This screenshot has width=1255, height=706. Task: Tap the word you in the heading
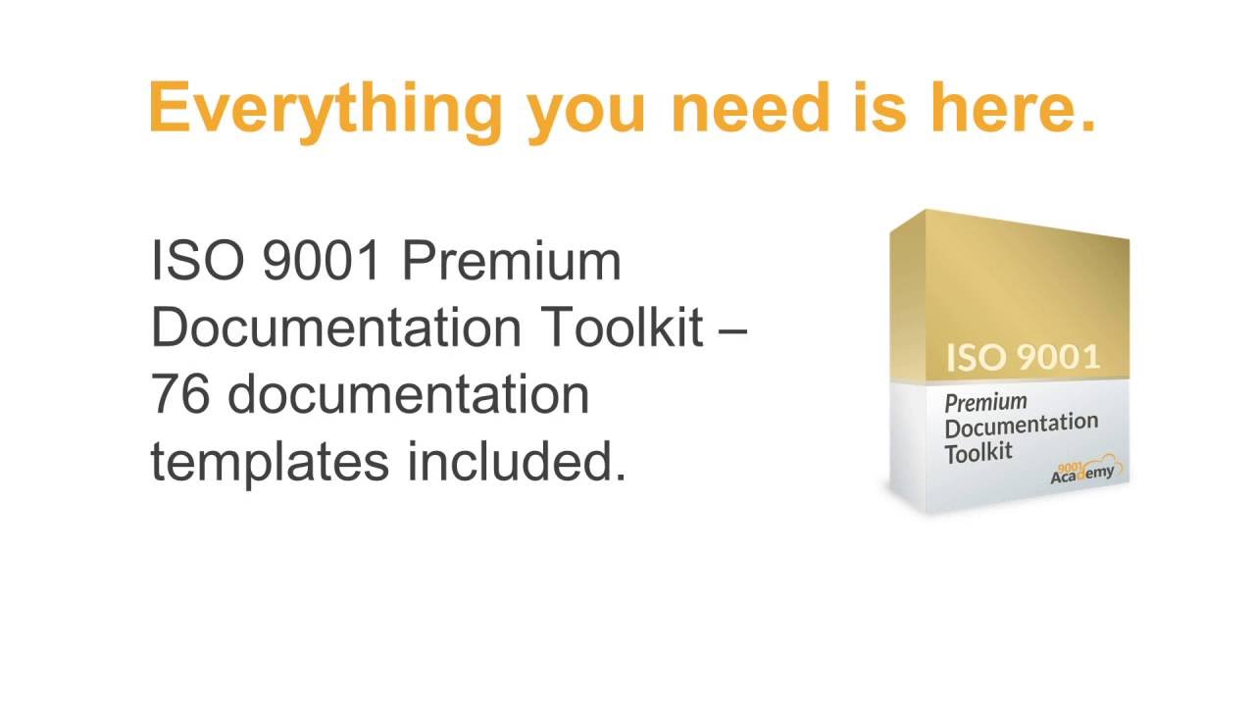pyautogui.click(x=586, y=110)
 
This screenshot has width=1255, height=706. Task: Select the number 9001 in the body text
pyautogui.click(x=321, y=261)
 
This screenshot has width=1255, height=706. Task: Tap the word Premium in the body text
pyautogui.click(x=511, y=261)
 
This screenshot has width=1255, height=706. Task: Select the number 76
pyautogui.click(x=179, y=394)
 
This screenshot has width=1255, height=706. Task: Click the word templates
pyautogui.click(x=270, y=461)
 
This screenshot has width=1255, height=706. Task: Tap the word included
pyautogui.click(x=517, y=461)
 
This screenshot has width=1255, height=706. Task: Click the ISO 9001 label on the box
pyautogui.click(x=1023, y=357)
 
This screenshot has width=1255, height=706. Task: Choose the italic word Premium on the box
pyautogui.click(x=985, y=402)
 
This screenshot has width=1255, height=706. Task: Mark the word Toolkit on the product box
pyautogui.click(x=978, y=452)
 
